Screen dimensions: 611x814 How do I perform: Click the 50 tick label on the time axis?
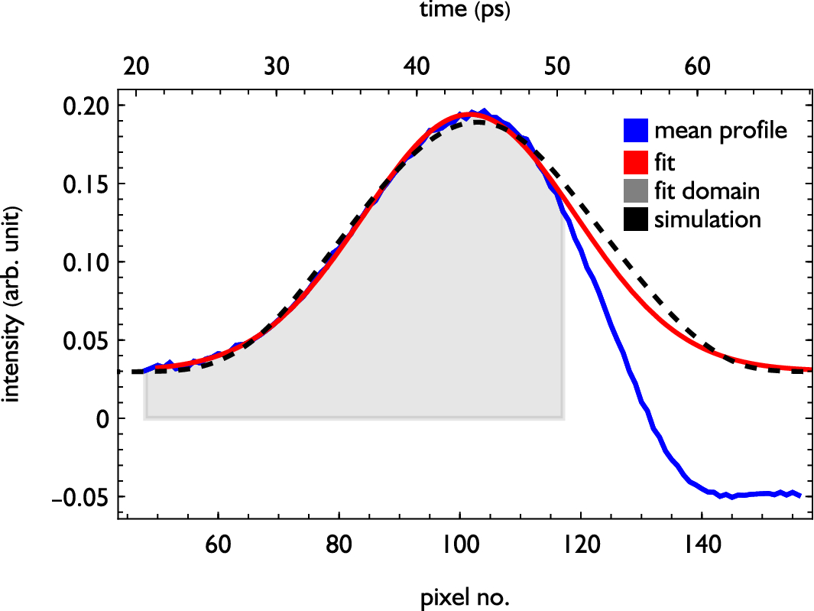tap(557, 67)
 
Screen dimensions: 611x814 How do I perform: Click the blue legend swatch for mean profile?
tap(636, 131)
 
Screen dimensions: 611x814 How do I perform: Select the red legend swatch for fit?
tap(636, 161)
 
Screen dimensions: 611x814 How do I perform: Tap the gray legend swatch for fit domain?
tap(636, 190)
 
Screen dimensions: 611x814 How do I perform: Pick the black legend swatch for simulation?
tap(636, 220)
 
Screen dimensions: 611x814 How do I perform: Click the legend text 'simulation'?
tap(707, 220)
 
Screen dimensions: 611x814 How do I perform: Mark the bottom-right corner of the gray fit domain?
tap(564, 418)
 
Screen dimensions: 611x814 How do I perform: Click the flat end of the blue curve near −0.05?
tap(795, 494)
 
